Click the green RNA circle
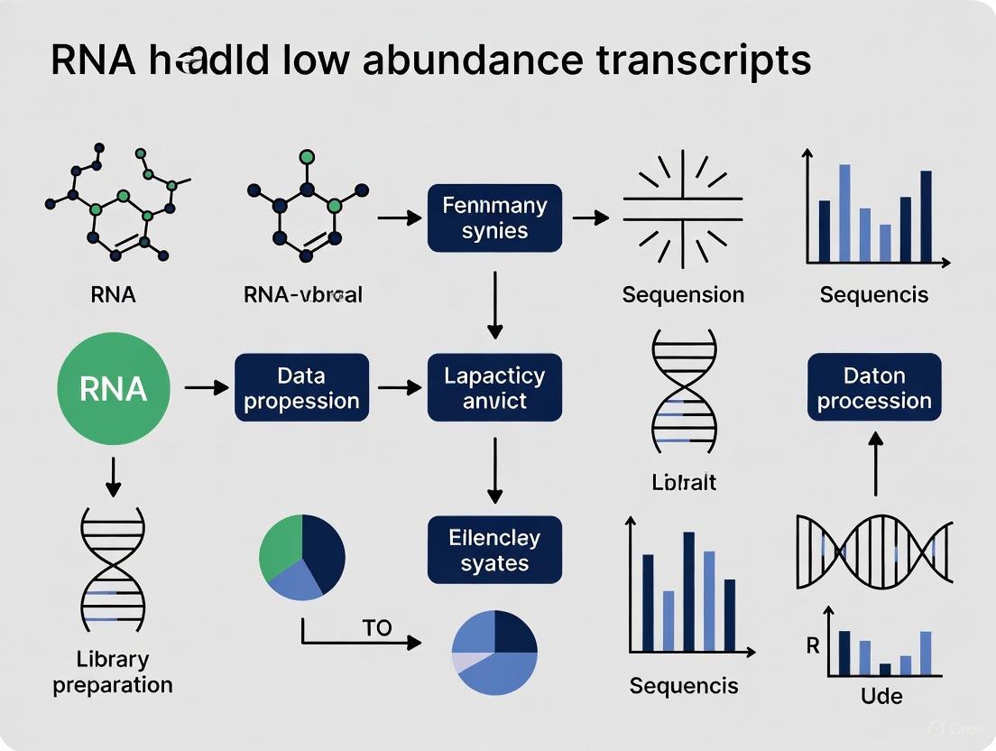pos(113,388)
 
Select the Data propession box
pos(301,388)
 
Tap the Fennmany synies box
pos(494,218)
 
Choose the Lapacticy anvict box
pos(494,388)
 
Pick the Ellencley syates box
pos(494,550)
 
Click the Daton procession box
pos(873,387)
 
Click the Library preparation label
pos(113,672)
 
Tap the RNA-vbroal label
pos(302,294)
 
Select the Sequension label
pos(683,294)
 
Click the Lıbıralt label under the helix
pos(683,482)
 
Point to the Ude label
pos(881,695)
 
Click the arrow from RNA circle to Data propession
pos(206,388)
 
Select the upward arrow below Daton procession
pos(874,462)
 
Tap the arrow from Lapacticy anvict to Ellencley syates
pos(494,468)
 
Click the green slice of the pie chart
pos(281,544)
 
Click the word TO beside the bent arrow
pos(377,627)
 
